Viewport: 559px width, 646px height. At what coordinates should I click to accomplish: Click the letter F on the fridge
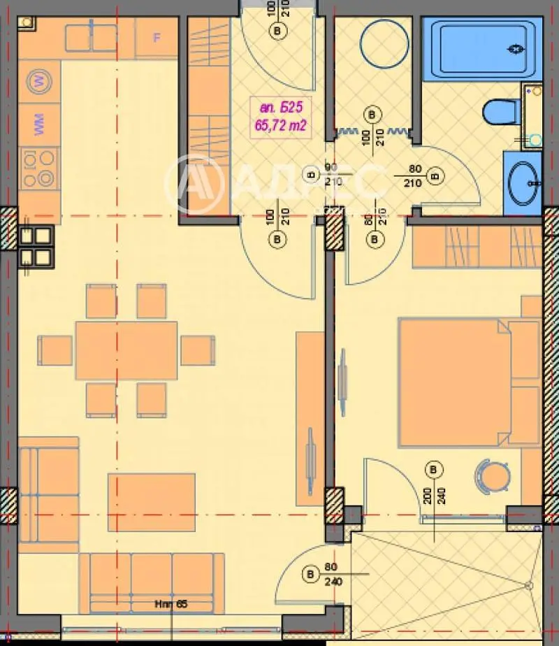point(157,37)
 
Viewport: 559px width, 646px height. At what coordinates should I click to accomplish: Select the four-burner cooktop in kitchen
point(38,168)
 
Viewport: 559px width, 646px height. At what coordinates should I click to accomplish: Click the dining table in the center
point(126,350)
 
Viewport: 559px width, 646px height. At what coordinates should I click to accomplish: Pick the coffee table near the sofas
point(151,502)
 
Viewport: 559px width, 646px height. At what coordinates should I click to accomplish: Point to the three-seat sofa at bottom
point(151,582)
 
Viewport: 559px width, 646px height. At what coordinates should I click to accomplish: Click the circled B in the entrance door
point(279,31)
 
